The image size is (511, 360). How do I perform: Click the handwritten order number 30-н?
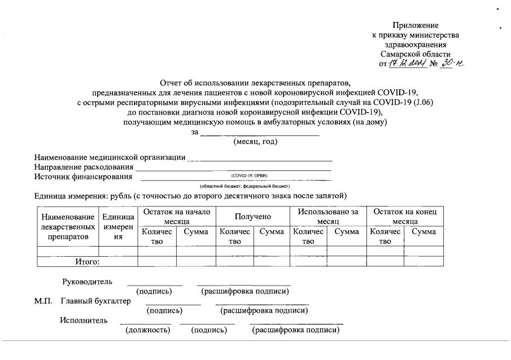tap(453, 64)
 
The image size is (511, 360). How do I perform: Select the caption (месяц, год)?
tap(255, 142)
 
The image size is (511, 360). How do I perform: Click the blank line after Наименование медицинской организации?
tap(260, 158)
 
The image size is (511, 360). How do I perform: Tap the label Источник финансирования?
tap(84, 177)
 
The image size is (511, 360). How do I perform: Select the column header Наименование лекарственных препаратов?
tap(68, 227)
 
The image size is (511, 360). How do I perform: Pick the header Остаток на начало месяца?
tap(176, 216)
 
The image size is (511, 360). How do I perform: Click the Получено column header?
tap(252, 216)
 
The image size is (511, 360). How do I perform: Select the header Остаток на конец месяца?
tap(405, 216)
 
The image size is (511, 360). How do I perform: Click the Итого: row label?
tap(87, 261)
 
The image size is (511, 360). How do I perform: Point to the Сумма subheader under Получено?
tap(271, 231)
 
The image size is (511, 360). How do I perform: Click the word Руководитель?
tap(87, 282)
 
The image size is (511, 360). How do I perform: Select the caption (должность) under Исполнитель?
tap(147, 330)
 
